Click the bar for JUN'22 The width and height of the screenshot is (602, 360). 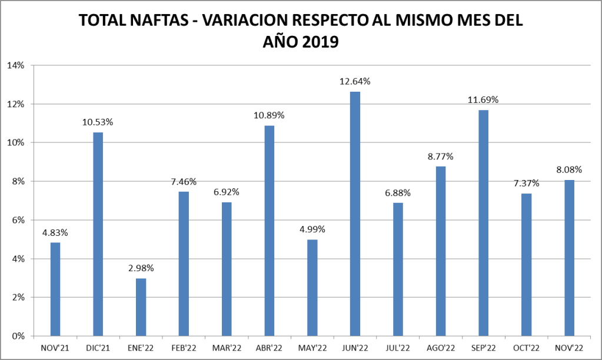click(x=355, y=214)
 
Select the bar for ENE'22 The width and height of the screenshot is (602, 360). click(x=141, y=307)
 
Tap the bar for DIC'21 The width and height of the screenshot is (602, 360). click(x=98, y=234)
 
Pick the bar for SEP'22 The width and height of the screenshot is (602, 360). click(x=483, y=223)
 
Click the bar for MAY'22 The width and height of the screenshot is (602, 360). click(x=312, y=288)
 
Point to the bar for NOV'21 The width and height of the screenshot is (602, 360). click(x=55, y=289)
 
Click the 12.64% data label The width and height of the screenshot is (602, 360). click(x=355, y=81)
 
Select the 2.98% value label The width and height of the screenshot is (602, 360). click(x=141, y=268)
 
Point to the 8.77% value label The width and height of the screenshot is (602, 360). click(x=441, y=156)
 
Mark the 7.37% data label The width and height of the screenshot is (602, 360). click(x=526, y=183)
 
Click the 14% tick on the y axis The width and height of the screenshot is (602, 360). click(x=15, y=65)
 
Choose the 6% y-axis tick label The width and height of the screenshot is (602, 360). click(x=18, y=220)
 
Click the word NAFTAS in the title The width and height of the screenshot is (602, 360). click(x=154, y=21)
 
